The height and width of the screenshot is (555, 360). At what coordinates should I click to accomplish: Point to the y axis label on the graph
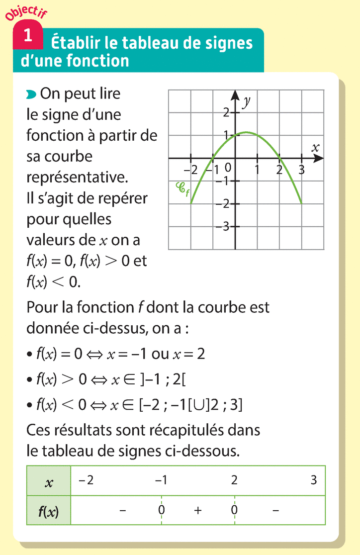(x=246, y=102)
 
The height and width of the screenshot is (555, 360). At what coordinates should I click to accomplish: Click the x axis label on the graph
(x=315, y=148)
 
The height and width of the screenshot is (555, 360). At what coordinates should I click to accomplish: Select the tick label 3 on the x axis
(x=301, y=170)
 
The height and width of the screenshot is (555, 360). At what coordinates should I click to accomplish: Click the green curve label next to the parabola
(x=182, y=189)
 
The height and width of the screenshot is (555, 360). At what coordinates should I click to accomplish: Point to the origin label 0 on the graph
(x=228, y=168)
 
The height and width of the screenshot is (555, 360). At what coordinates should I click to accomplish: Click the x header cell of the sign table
(x=49, y=481)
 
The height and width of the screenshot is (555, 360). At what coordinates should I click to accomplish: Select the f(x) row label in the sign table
(x=49, y=511)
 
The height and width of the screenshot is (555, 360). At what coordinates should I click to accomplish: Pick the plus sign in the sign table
(x=197, y=511)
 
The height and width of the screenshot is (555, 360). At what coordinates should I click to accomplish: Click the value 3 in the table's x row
(x=313, y=480)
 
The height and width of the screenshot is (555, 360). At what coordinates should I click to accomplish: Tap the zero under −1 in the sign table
(x=161, y=510)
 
